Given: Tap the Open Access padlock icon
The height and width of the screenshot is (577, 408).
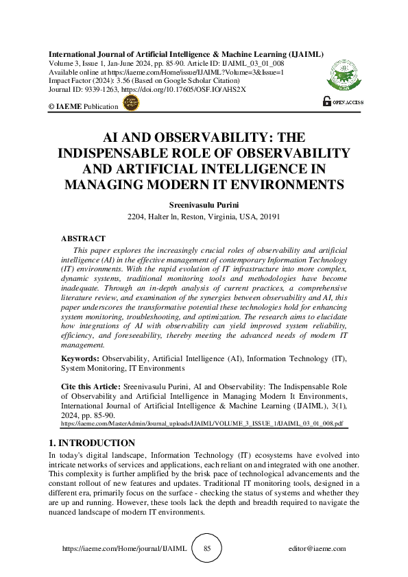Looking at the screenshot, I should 326,101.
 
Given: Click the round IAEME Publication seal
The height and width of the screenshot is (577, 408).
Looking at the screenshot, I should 129,103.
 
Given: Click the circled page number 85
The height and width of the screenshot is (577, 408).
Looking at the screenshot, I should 208,549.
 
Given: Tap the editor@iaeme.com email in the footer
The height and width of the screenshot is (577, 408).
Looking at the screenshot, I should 317,549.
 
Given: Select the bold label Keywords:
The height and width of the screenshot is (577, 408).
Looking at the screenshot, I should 81,358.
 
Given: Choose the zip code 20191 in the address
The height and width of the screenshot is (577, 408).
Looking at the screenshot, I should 271,217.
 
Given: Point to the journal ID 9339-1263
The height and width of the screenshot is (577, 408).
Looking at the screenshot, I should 99,90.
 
